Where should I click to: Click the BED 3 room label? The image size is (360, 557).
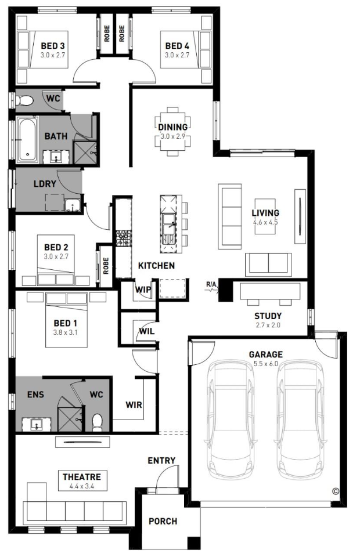point(53,46)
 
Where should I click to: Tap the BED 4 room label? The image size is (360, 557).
point(177,46)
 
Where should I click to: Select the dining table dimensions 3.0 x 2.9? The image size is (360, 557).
point(172,136)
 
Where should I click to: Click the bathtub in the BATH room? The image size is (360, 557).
point(28,139)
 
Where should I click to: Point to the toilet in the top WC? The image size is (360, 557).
point(25,101)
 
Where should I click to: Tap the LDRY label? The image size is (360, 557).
point(45,184)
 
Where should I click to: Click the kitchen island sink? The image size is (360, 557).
point(169,229)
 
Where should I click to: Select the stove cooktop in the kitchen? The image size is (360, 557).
point(123,238)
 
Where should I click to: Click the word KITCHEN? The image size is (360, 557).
point(156,265)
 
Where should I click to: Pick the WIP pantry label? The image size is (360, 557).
point(143,290)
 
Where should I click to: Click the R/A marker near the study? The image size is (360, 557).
point(211,284)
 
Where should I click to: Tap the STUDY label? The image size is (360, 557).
point(268,316)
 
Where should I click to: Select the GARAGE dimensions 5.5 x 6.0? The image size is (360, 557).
point(266,363)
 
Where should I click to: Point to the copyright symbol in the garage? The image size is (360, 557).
point(335,491)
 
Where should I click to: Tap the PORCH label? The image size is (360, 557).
point(163,521)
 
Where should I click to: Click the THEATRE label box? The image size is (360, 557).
point(82,480)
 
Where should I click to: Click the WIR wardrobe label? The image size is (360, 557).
point(134,404)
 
